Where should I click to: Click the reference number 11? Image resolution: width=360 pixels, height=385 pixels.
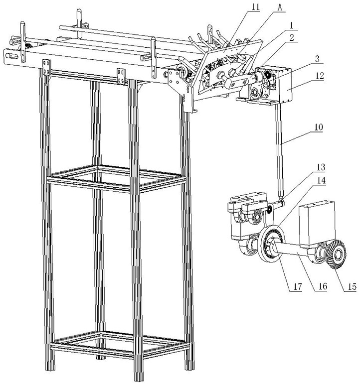pos(256,6)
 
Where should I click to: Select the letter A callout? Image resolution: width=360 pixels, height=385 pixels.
pos(280,7)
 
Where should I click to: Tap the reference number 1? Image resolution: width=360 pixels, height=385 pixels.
pos(291,25)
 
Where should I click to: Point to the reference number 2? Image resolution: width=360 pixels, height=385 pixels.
pos(292,37)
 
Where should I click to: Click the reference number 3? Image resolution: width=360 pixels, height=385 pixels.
pos(317,59)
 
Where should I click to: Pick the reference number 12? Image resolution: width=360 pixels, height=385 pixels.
pos(319,76)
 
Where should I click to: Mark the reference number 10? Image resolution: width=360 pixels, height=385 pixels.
pos(318,128)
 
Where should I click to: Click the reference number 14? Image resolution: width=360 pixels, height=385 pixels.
pos(321,181)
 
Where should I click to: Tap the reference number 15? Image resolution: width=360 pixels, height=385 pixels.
pos(352,286)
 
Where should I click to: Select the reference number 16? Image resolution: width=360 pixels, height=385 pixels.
pos(323,286)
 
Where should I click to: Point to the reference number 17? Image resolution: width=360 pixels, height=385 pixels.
pos(297,286)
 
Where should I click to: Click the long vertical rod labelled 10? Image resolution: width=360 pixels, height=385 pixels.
pos(280,151)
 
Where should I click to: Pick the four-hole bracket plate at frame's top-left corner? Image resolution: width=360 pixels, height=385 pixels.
pos(47,67)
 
